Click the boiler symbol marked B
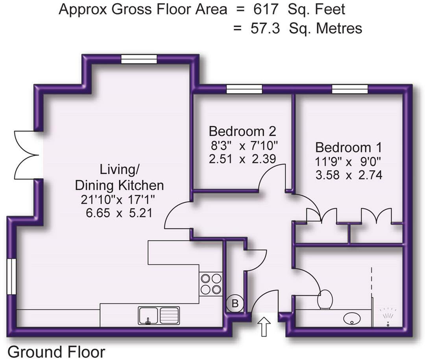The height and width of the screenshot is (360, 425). [x=235, y=303]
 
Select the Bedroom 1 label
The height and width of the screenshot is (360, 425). [x=349, y=148]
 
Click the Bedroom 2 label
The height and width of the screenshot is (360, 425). [x=242, y=131]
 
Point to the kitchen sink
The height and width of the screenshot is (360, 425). [x=159, y=316]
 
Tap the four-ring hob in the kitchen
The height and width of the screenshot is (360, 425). [x=211, y=284]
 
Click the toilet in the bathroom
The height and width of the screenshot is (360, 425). [x=324, y=299]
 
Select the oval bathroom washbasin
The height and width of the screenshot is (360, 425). [x=352, y=318]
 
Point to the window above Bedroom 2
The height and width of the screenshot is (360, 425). [x=244, y=89]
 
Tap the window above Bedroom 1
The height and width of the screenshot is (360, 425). [x=350, y=89]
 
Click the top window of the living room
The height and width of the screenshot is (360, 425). [x=139, y=59]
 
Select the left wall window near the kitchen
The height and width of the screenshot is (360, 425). [x=12, y=277]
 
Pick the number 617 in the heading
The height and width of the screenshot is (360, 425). [x=266, y=9]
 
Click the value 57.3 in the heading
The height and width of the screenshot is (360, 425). [x=265, y=28]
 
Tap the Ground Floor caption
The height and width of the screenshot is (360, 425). [x=56, y=352]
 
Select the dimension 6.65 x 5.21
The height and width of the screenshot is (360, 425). [x=119, y=213]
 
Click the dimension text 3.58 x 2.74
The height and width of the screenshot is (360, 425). [x=349, y=175]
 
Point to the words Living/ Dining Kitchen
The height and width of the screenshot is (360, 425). [x=119, y=177]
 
